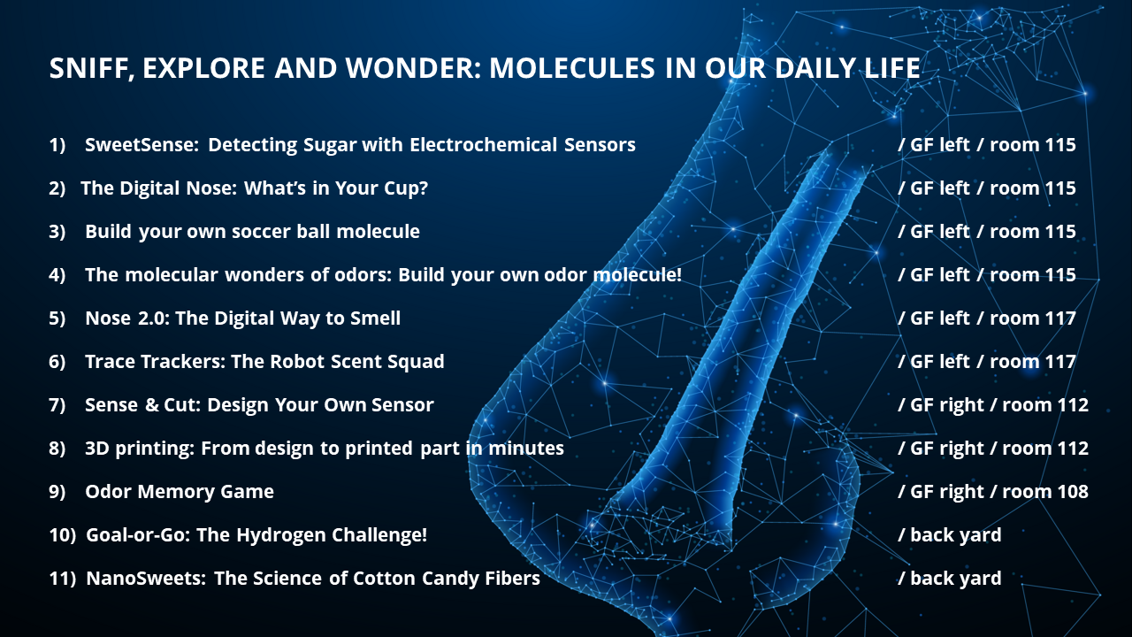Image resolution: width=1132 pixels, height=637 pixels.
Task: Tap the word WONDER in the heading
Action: pyautogui.click(x=413, y=68)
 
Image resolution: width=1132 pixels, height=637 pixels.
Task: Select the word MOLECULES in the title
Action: pyautogui.click(x=572, y=68)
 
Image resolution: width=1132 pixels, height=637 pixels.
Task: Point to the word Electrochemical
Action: pyautogui.click(x=483, y=145)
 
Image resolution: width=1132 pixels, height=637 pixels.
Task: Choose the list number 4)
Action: pyautogui.click(x=57, y=275)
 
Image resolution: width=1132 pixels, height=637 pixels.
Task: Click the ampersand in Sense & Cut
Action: pyautogui.click(x=151, y=405)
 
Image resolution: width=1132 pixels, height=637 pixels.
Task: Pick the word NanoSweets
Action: pyautogui.click(x=146, y=579)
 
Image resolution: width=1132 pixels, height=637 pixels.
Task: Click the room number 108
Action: pyautogui.click(x=1070, y=492)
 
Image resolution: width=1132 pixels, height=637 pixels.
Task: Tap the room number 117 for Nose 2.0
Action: pyautogui.click(x=1058, y=318)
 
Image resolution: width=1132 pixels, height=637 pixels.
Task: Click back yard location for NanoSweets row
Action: pyautogui.click(x=956, y=579)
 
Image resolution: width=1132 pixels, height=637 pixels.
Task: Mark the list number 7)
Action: pyautogui.click(x=57, y=405)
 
